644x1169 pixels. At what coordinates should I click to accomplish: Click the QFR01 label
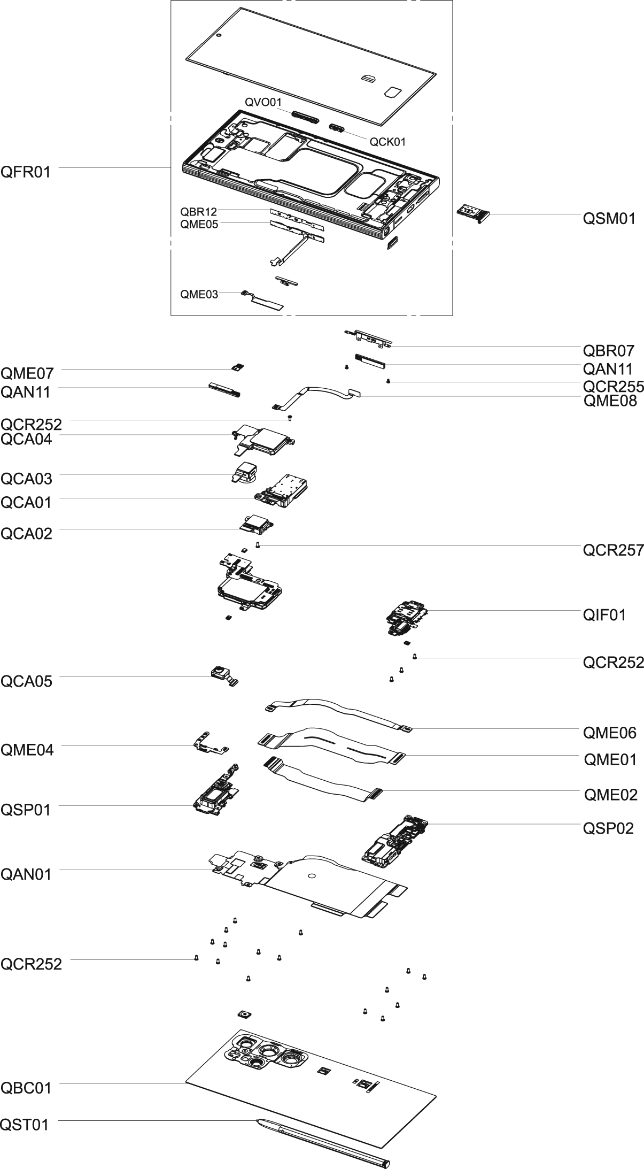[26, 172]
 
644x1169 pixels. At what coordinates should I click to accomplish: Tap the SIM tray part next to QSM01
[472, 213]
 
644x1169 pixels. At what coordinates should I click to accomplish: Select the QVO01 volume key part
[305, 118]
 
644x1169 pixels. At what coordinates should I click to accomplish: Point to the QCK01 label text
[387, 142]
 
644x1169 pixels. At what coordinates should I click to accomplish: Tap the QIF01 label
[604, 615]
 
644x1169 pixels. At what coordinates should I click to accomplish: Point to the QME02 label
[610, 795]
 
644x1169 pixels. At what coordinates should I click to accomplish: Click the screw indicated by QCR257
[258, 545]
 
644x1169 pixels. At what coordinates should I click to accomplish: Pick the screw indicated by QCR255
[389, 381]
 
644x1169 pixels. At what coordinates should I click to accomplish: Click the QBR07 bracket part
[369, 337]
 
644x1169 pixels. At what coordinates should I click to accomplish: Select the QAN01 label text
[26, 874]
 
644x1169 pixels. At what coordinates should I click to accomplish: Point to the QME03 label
[199, 294]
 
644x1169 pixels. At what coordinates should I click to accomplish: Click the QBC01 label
[26, 1088]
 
